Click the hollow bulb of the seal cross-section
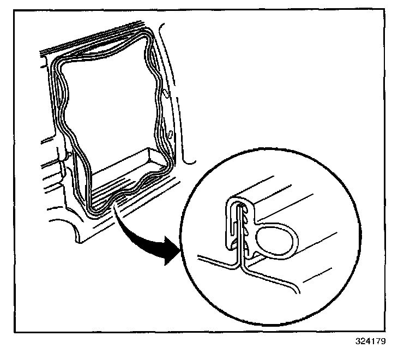[277, 239]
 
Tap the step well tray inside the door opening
[128, 164]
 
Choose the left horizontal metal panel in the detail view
[213, 260]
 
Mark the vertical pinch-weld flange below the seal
[238, 259]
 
